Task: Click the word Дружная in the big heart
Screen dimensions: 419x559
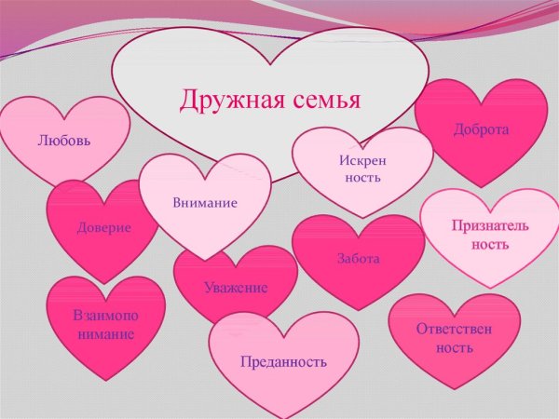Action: click(x=224, y=99)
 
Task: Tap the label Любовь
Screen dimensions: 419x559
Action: click(x=64, y=142)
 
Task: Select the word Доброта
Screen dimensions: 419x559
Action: click(x=481, y=129)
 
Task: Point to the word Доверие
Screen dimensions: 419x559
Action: click(x=103, y=227)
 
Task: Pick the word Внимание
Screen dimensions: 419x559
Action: click(x=205, y=202)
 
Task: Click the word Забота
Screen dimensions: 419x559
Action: click(x=358, y=258)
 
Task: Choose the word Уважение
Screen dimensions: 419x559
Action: click(x=236, y=288)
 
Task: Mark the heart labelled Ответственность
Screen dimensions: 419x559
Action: click(x=454, y=337)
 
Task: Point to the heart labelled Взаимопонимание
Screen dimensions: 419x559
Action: click(x=104, y=324)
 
